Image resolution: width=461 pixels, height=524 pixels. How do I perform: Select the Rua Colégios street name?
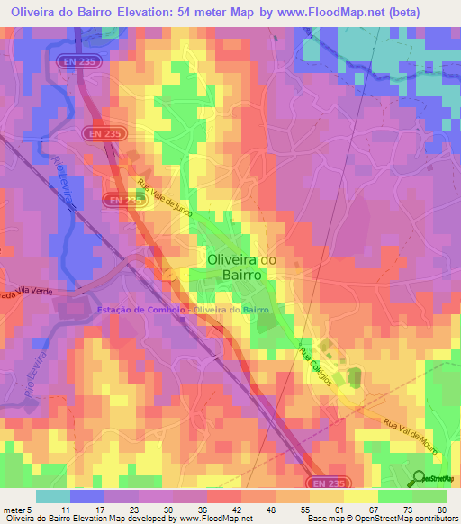pos(318,364)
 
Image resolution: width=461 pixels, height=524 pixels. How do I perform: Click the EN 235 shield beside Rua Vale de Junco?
pos(123,201)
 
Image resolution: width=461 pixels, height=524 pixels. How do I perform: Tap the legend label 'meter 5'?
pos(18,509)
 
